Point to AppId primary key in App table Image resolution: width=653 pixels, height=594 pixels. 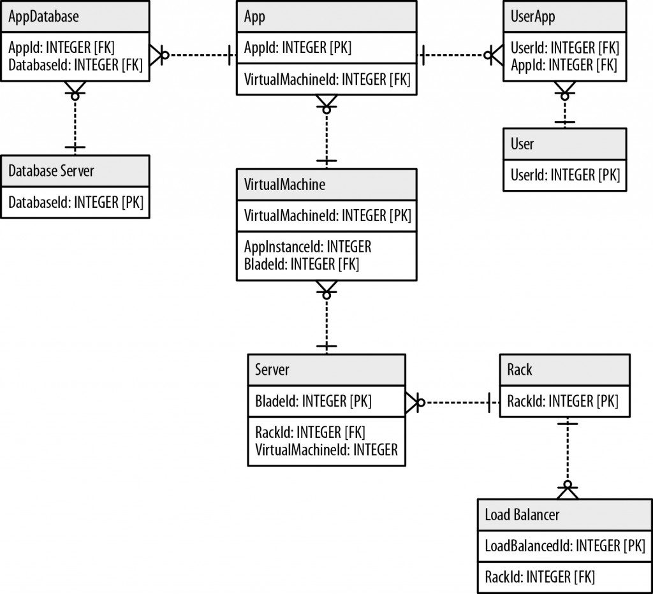coord(297,48)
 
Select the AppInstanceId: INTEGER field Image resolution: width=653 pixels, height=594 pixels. coord(307,247)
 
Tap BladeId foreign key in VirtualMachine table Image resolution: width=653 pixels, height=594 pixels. coord(302,264)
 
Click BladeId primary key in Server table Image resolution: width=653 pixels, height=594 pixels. coord(313,401)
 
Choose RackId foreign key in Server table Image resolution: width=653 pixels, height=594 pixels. coord(310,433)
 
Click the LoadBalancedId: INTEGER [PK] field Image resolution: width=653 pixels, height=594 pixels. coord(564,546)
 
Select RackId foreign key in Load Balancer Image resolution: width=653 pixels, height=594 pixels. coord(539,577)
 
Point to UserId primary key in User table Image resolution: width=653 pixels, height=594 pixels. coord(565,175)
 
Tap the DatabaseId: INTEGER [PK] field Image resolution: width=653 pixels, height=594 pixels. coord(75,202)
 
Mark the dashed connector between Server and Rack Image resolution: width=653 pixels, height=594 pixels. coord(454,402)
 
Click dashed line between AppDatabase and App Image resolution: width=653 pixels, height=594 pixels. coord(198,55)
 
